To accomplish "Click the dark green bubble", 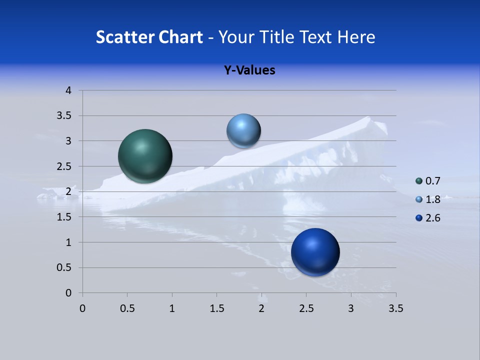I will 145,156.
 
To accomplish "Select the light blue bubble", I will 243,131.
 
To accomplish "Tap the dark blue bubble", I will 315,252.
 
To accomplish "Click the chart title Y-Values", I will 249,70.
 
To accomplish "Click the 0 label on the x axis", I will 82,308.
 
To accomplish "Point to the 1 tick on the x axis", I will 172,308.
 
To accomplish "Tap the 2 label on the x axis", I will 261,308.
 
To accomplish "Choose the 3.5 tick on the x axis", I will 395,308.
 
